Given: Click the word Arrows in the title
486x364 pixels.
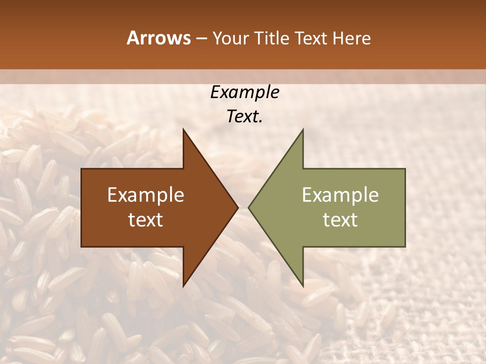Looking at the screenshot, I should click(159, 38).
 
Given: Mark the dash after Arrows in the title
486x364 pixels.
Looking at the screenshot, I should click(201, 38).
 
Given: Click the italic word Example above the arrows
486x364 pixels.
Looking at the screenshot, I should click(245, 93).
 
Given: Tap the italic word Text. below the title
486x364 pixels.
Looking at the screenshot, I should click(245, 117).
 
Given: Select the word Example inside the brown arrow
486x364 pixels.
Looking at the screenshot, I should click(146, 195).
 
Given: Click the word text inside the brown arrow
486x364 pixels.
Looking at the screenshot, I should click(146, 220).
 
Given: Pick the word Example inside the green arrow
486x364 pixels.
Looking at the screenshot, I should click(340, 195).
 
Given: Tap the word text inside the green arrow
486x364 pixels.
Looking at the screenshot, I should click(340, 220).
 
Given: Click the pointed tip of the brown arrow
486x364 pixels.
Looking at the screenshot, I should click(238, 208).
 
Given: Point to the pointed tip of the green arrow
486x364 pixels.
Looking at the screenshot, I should click(249, 208).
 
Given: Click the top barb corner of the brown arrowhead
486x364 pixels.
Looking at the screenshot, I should click(183, 129).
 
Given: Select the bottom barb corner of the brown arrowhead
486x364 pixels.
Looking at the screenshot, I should click(183, 287).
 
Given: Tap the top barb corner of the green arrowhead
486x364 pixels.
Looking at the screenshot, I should click(303, 129).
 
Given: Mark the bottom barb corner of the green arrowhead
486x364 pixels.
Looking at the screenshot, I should click(303, 287).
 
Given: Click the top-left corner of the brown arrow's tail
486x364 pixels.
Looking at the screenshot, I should click(82, 169).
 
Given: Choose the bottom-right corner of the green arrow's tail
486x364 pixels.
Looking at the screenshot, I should click(405, 247).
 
